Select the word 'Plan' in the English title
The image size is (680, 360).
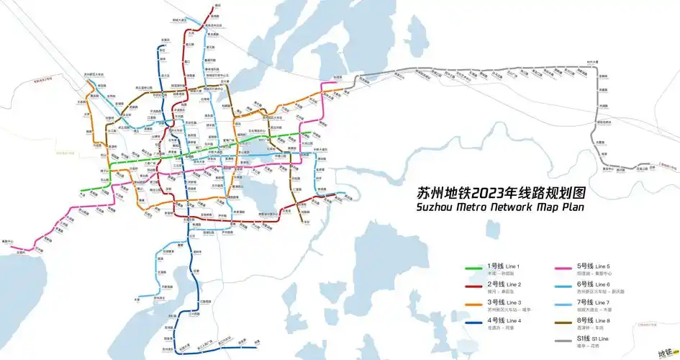coord(573,208)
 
